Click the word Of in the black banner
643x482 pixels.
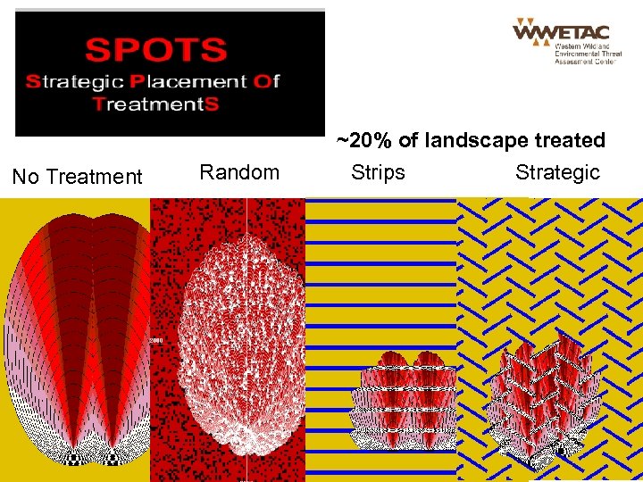[267, 82]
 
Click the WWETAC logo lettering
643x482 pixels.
[560, 32]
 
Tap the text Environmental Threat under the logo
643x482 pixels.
[581, 54]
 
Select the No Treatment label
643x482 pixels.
[77, 177]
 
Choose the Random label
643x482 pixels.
[239, 172]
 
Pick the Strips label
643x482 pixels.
[378, 172]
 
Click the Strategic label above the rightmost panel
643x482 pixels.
[557, 172]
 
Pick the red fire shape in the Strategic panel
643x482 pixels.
[544, 388]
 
